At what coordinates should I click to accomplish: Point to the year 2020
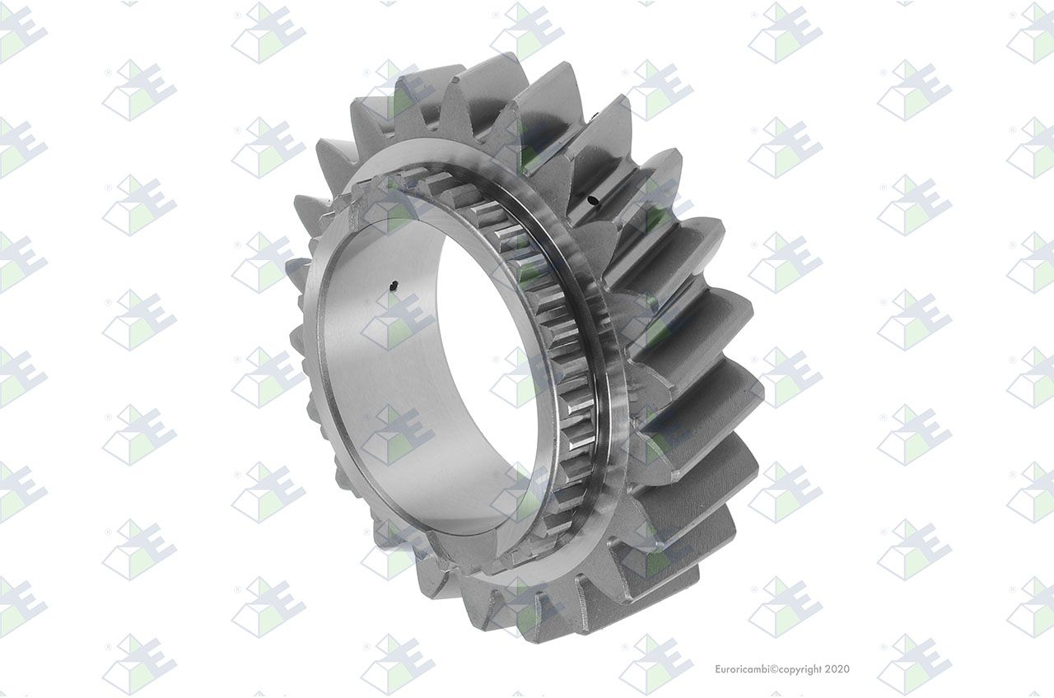click(x=837, y=669)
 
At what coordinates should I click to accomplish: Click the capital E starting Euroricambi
click(x=718, y=669)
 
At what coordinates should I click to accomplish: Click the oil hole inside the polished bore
click(x=394, y=284)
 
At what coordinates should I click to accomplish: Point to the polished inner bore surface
click(x=376, y=376)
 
